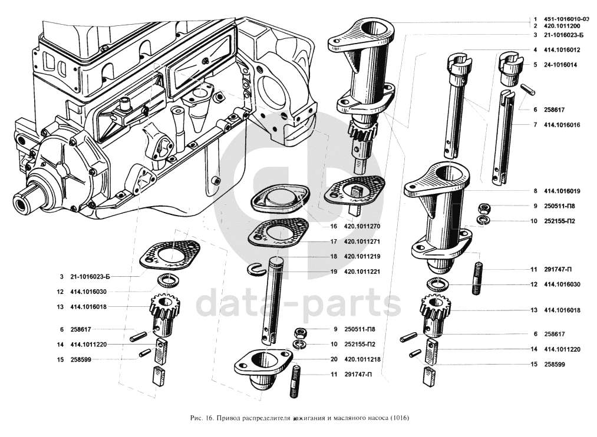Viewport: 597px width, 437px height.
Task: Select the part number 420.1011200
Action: pyautogui.click(x=562, y=27)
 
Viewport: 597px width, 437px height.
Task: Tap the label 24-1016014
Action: pyautogui.click(x=560, y=65)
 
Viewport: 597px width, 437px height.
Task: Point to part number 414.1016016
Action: pyautogui.click(x=562, y=125)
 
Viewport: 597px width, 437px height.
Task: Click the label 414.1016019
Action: pyautogui.click(x=562, y=191)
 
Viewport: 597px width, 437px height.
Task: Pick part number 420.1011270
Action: pyautogui.click(x=362, y=226)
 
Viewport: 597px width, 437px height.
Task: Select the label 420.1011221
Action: pyautogui.click(x=362, y=272)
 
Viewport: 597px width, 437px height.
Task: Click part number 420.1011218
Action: pyautogui.click(x=362, y=359)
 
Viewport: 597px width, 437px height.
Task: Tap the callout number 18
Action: pyautogui.click(x=334, y=256)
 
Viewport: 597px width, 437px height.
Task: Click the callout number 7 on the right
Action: pyautogui.click(x=535, y=125)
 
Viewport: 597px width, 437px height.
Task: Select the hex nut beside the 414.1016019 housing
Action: pyautogui.click(x=483, y=208)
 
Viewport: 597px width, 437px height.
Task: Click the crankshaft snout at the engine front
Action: pyautogui.click(x=28, y=197)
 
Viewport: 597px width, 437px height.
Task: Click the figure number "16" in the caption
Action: pyautogui.click(x=208, y=418)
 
